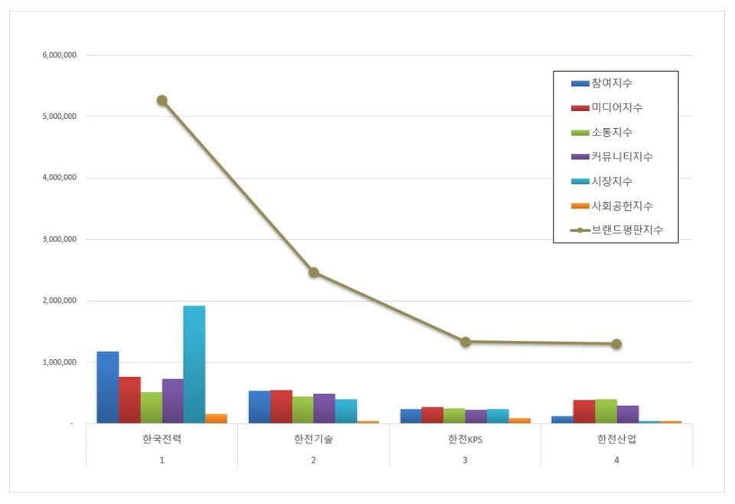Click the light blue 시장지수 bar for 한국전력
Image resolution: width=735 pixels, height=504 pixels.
click(x=194, y=364)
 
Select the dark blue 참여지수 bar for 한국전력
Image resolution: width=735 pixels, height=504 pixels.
click(x=107, y=387)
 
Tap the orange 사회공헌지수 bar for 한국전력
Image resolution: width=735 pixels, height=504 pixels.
click(x=216, y=418)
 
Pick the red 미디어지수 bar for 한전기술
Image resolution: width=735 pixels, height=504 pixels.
click(x=281, y=406)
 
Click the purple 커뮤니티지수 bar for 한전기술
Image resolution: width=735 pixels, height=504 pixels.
click(x=324, y=408)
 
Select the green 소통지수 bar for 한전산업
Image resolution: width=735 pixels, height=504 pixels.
click(x=606, y=411)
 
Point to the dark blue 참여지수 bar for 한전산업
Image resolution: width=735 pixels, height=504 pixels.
click(x=562, y=419)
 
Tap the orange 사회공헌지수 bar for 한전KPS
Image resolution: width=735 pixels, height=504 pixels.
click(x=519, y=420)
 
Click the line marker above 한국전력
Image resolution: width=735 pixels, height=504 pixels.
click(x=162, y=100)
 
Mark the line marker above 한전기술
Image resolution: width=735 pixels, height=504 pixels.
click(x=313, y=272)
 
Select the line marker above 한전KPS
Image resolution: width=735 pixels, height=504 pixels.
click(x=465, y=342)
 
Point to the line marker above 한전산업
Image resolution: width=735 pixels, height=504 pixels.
click(x=616, y=344)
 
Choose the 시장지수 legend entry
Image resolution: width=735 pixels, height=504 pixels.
click(x=611, y=181)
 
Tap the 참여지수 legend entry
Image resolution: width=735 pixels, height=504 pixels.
click(x=611, y=83)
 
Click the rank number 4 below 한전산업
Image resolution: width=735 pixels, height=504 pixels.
click(x=616, y=460)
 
